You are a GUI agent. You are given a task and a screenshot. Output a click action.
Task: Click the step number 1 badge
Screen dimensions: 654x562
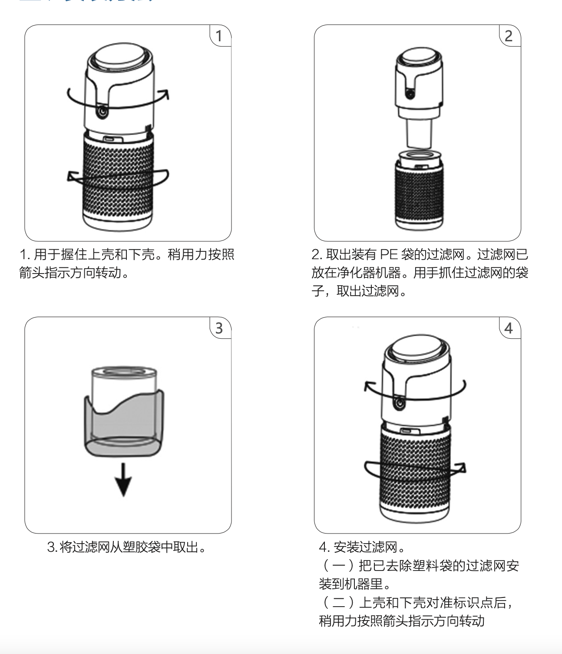coord(219,36)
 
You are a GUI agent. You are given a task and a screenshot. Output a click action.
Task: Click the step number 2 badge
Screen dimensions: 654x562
coord(509,36)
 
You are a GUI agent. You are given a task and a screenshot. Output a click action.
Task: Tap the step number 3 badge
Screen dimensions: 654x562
coord(219,328)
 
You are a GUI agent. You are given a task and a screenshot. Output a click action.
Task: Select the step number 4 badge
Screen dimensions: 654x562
coord(509,328)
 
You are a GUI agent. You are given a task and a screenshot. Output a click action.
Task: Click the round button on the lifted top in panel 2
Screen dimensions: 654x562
coord(409,93)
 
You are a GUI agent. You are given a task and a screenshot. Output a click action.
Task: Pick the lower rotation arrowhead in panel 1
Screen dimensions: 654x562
coord(72,176)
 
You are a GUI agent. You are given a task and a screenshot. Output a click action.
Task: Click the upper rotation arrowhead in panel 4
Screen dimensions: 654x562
coord(369,385)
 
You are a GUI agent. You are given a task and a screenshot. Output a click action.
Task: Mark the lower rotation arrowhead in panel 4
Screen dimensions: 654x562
coord(461,468)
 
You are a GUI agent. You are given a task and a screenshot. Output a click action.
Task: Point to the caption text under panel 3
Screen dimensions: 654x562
coord(126,547)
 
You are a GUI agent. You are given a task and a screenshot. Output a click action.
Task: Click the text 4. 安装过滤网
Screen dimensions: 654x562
coord(362,547)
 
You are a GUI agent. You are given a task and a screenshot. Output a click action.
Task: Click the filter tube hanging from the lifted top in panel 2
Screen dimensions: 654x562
coord(419,133)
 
